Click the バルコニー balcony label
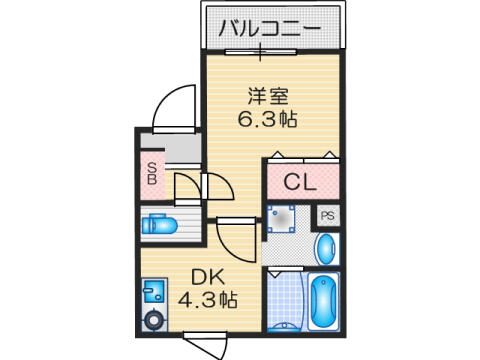(270, 28)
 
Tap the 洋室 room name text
(268, 96)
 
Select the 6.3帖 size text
(267, 119)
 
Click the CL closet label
(300, 182)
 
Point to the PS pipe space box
(328, 216)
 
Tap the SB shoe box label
(152, 173)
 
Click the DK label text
(207, 277)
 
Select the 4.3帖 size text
(207, 299)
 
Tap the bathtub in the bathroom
(323, 302)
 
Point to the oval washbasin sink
(325, 249)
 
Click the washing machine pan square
(281, 219)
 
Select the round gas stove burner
(154, 320)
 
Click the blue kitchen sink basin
(154, 291)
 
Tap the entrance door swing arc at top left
(173, 107)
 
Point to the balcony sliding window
(260, 52)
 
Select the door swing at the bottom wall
(206, 347)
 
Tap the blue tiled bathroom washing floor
(285, 300)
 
